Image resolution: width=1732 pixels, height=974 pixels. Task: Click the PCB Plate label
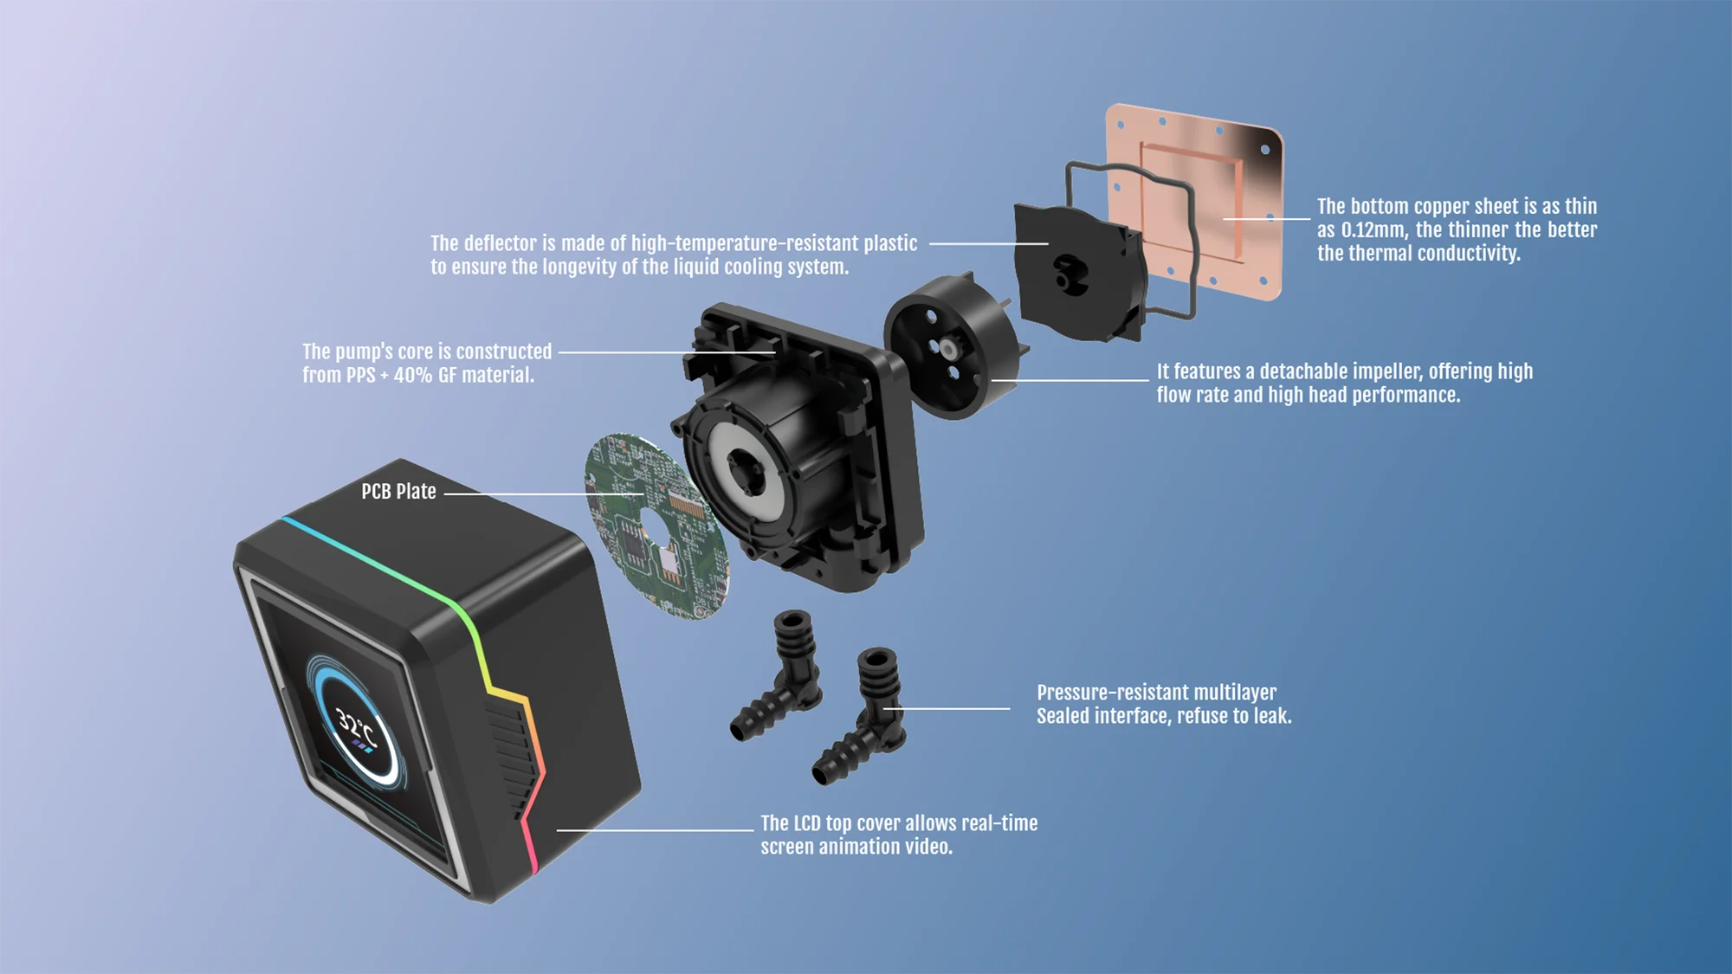[x=398, y=492]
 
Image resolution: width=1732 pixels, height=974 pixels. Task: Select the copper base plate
[x=1195, y=201]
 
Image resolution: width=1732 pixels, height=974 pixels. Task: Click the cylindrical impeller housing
[x=953, y=346]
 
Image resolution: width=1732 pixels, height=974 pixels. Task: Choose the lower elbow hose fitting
[x=861, y=715]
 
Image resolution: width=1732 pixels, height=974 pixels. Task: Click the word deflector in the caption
[x=501, y=243]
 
